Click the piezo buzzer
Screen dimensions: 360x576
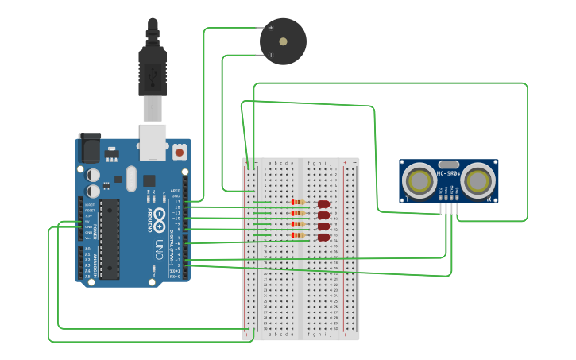pos(283,41)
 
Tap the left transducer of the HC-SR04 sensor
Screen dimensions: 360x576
pos(416,181)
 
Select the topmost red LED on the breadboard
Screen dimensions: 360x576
pos(323,204)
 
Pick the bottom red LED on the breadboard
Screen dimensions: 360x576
pos(323,236)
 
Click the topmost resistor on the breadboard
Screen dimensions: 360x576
pos(298,202)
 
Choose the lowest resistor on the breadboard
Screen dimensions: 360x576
pos(298,235)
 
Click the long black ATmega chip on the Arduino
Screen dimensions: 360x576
pos(110,238)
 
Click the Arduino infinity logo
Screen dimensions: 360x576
pos(160,217)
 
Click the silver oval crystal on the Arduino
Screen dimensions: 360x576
pos(131,178)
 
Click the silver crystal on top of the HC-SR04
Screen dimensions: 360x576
pos(449,164)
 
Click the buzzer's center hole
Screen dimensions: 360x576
pos(283,41)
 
